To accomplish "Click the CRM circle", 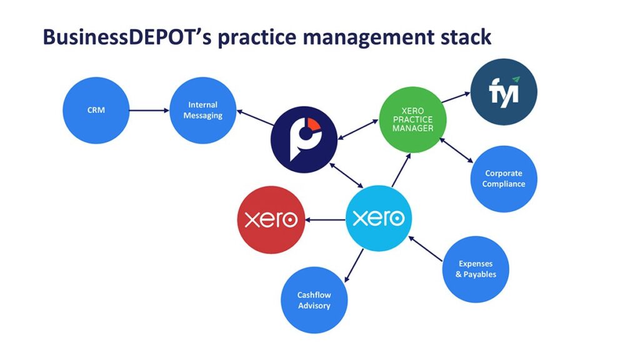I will (96, 110).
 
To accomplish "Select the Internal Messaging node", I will (203, 110).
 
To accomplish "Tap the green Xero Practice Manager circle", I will (412, 119).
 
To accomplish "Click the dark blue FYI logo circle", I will (504, 92).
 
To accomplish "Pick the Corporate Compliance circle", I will (504, 179).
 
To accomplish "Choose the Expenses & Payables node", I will (476, 269).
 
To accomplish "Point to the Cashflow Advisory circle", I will (314, 300).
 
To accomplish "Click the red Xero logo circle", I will (271, 219).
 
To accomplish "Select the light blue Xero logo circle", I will (379, 218).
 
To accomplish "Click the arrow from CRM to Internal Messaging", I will (149, 111).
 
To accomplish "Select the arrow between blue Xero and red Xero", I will (325, 219).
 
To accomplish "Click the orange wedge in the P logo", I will (314, 126).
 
